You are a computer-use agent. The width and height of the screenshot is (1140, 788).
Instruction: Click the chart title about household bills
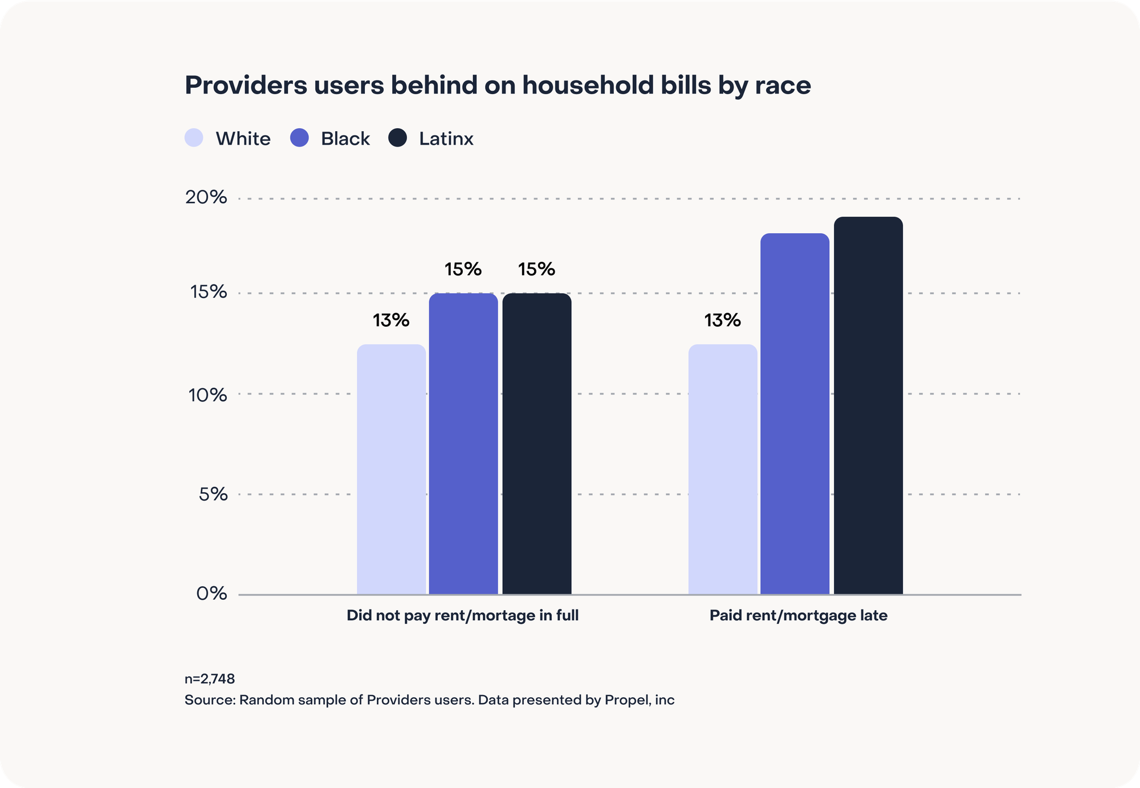coord(497,86)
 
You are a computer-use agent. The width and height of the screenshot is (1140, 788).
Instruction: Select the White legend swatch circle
coord(194,138)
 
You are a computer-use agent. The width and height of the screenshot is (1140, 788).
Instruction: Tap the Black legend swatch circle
coord(299,138)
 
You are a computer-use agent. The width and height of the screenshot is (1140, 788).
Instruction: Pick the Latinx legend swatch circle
coord(397,138)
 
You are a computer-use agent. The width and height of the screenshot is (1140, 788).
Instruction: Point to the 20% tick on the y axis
coord(206,197)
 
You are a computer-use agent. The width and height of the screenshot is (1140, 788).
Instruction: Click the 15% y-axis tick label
coord(208,292)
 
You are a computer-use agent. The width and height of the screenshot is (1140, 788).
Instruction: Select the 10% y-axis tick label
coord(207,395)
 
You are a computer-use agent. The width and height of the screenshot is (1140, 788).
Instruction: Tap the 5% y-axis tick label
coord(213,494)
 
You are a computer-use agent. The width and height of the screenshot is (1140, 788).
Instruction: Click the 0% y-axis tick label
coord(211,594)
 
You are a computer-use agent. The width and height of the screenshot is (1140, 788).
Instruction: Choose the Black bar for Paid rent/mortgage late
coord(795,413)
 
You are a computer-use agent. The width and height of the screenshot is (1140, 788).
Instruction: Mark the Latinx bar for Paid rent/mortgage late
coord(868,405)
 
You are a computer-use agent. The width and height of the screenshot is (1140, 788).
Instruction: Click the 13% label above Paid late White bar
coord(722,320)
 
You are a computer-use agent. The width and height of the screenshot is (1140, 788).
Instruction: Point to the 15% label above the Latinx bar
coord(536,269)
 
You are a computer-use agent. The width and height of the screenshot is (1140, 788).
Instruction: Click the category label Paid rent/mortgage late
coord(798,616)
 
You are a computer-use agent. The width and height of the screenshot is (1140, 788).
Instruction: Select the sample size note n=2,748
coord(210,679)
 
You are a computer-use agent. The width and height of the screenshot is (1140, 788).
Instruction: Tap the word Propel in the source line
coord(627,700)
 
